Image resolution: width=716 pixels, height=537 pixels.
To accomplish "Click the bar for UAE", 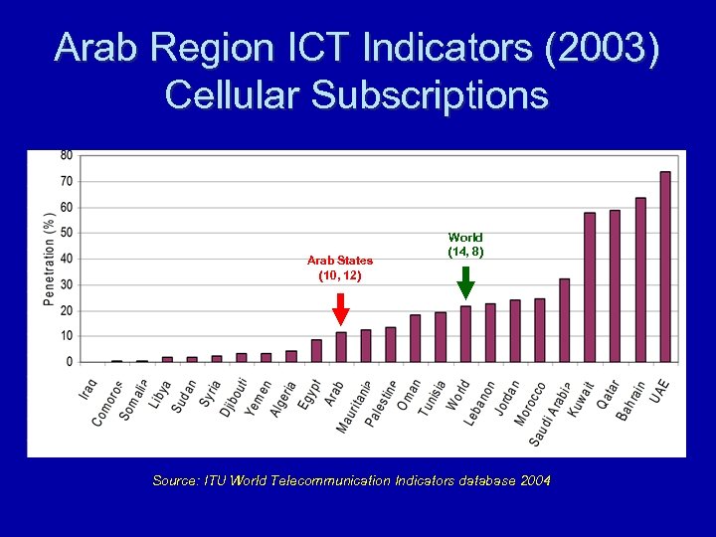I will [x=665, y=267].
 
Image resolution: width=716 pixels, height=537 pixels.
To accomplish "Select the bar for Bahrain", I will [x=640, y=279].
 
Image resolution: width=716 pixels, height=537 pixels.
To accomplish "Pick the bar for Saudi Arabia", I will [x=565, y=320].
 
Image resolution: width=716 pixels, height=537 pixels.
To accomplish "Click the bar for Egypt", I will [x=316, y=351].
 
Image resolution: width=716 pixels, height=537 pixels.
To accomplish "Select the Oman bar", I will [x=416, y=338].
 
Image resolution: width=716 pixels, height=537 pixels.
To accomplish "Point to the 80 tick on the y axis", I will [x=67, y=155].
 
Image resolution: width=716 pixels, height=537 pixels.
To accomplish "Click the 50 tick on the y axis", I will [x=67, y=233].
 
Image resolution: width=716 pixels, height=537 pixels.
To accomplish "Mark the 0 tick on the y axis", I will [x=70, y=362].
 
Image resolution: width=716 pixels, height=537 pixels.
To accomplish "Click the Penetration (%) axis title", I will [x=49, y=259].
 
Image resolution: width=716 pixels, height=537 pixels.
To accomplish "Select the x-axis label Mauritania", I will [x=354, y=407].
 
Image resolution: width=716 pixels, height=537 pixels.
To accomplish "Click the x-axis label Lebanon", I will [x=480, y=404].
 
